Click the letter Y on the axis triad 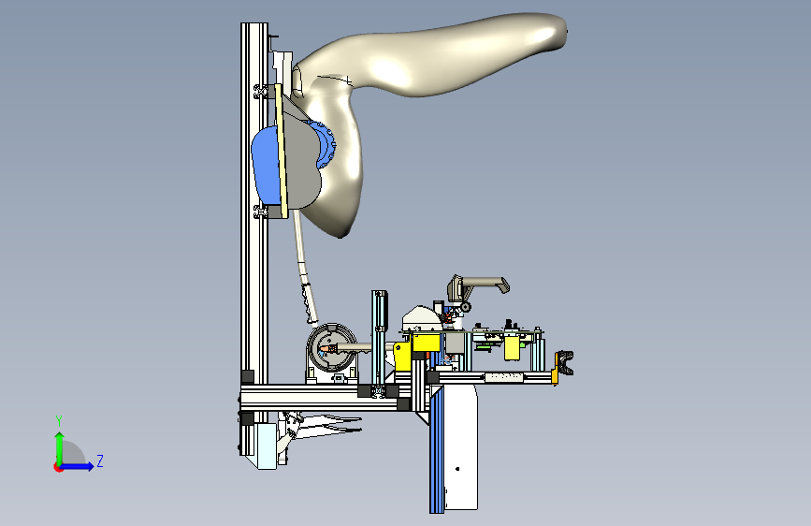(59, 421)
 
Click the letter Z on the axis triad (100, 460)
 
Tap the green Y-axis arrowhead (60, 437)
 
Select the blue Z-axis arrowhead (90, 466)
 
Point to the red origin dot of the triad (58, 467)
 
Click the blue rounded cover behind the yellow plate (266, 165)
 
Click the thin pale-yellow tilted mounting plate (281, 151)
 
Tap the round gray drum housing (331, 346)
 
